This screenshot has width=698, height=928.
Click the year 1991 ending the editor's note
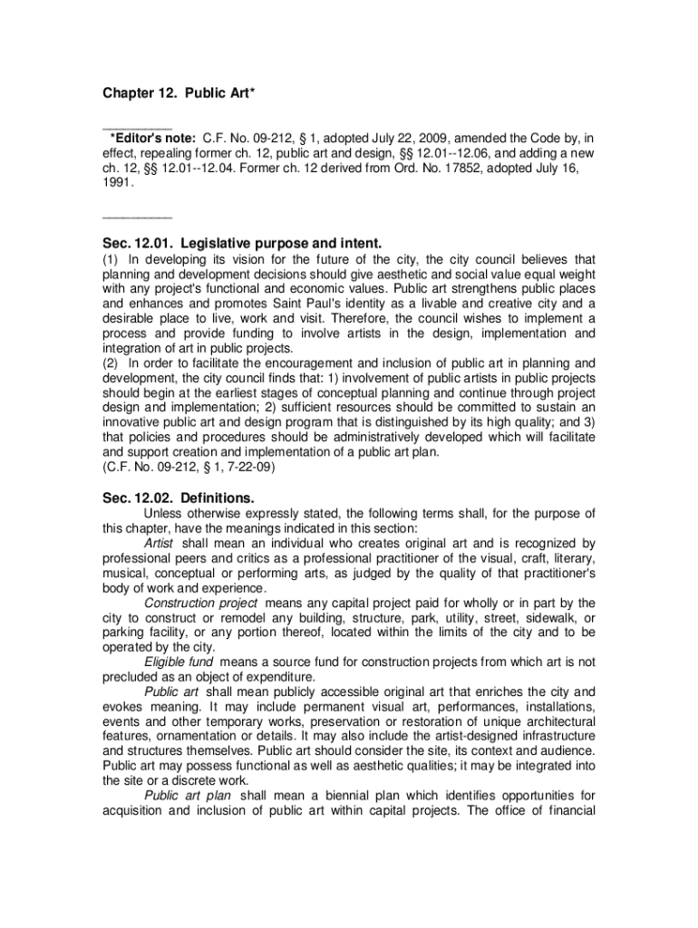click(x=117, y=181)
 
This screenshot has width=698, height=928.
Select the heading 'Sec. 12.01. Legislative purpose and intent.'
click(x=242, y=243)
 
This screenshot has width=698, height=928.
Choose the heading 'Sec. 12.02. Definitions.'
click(x=178, y=498)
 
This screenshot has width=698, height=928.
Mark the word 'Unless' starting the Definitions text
click(x=164, y=514)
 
